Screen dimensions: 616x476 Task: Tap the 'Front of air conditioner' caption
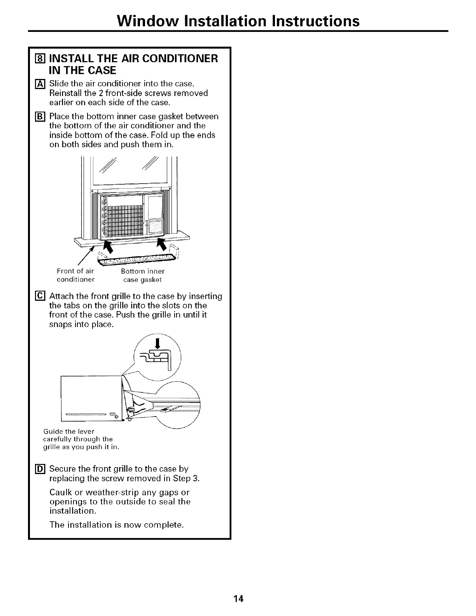76,275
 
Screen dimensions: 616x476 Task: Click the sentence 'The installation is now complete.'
117,525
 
